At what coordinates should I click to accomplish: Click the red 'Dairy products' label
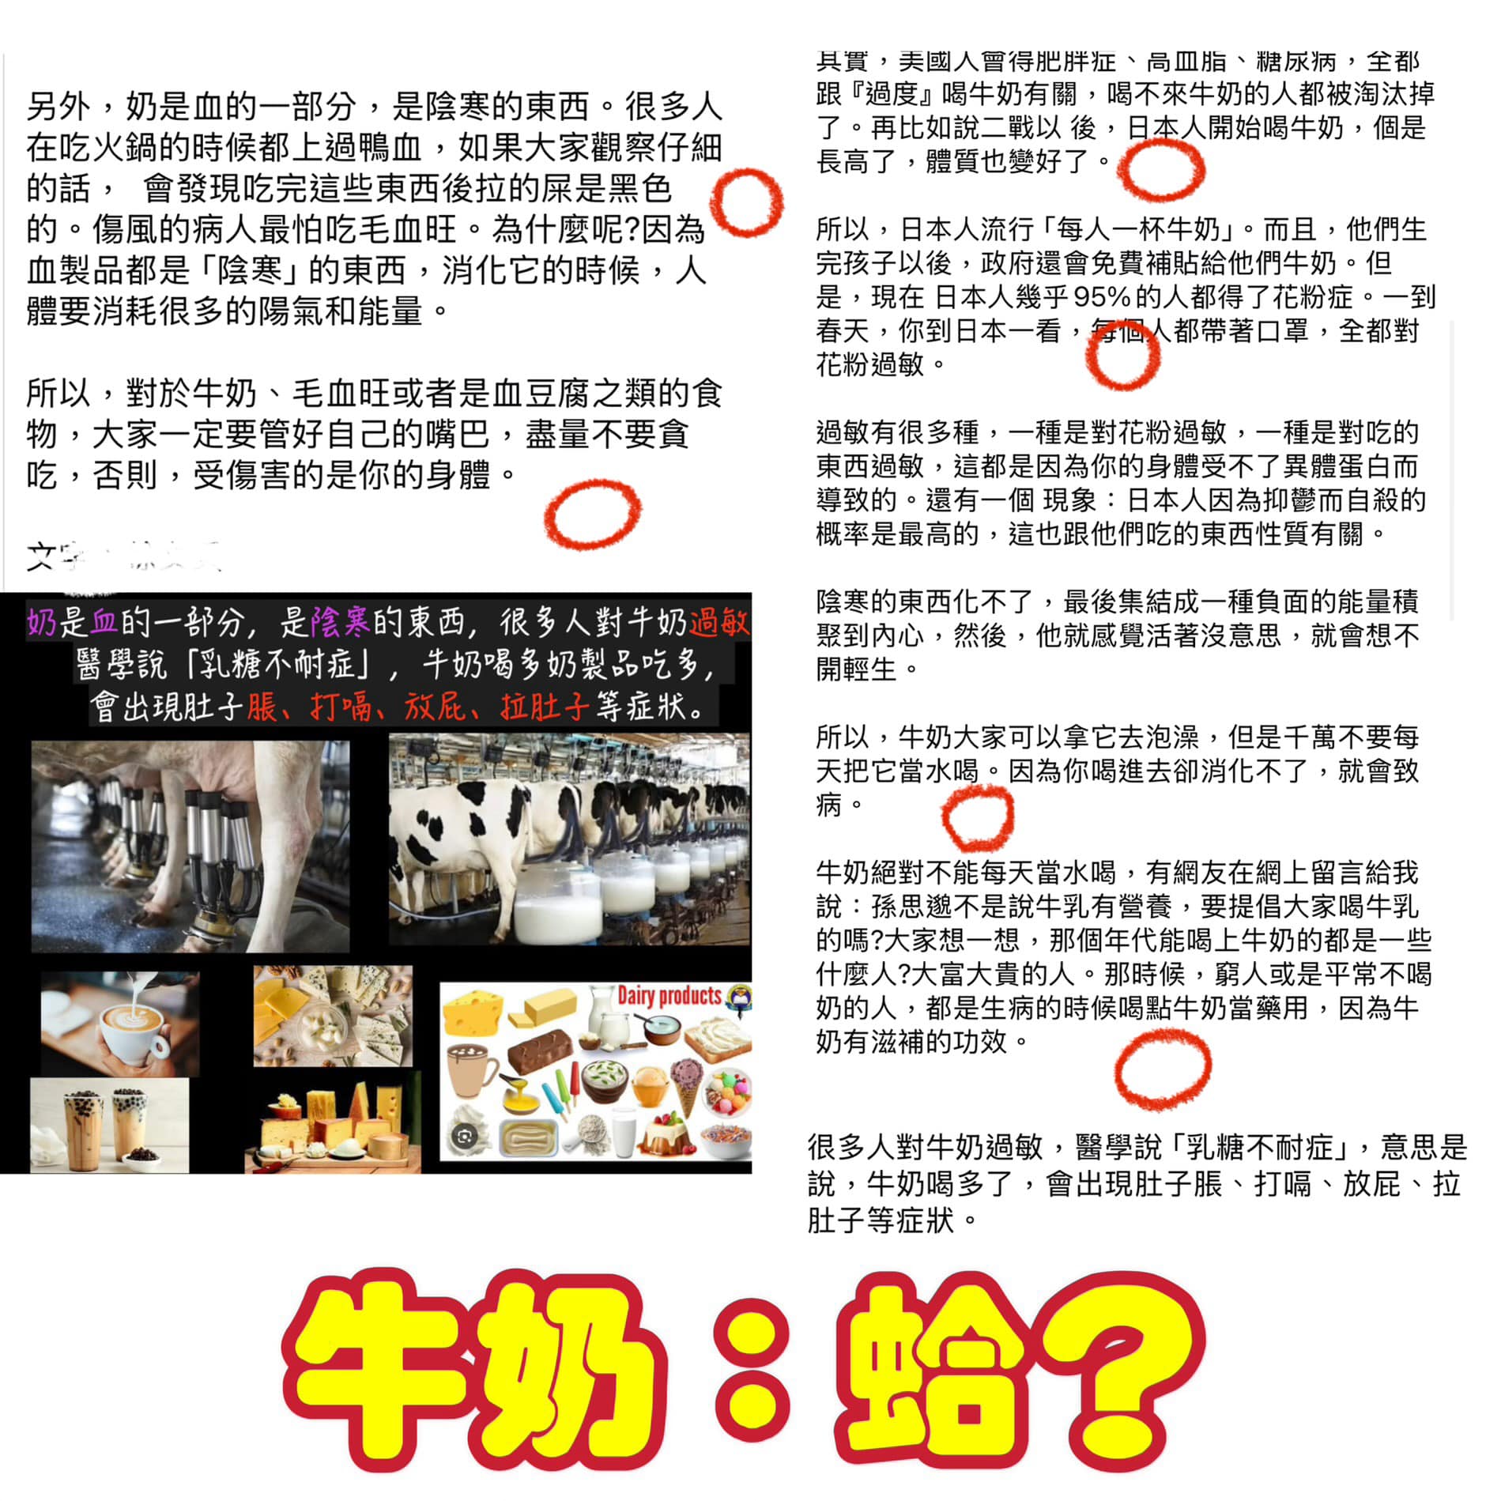coord(669,995)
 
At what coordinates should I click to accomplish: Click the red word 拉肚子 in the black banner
coord(545,706)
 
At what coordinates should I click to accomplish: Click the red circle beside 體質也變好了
coord(1161,170)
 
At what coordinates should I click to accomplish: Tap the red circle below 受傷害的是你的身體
coord(593,514)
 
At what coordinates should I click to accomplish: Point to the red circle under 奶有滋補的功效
coord(1163,1069)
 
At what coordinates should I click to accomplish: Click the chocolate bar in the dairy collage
coord(539,1050)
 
